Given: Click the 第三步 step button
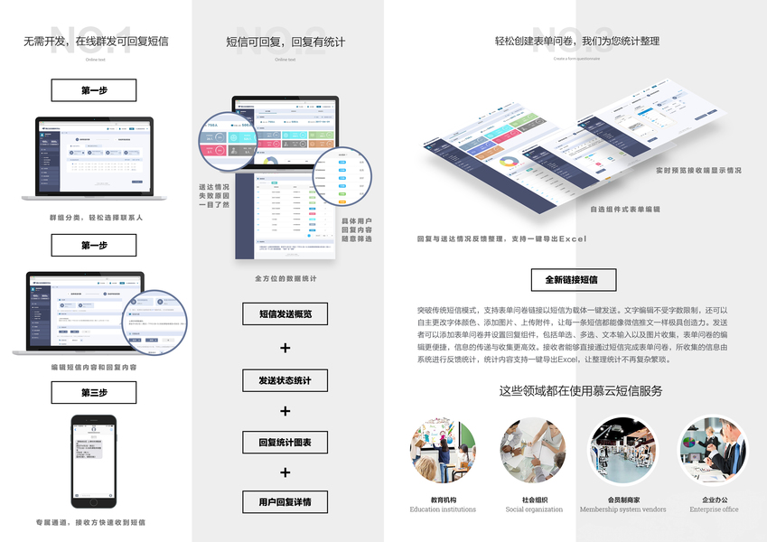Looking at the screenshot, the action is tap(94, 393).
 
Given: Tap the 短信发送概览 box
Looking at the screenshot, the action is tap(285, 313).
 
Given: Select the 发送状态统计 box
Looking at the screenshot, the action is tap(285, 380).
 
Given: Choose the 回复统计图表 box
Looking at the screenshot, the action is tap(285, 443).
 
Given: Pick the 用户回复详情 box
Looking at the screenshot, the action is tap(285, 502).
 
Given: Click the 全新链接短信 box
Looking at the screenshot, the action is tap(576, 280).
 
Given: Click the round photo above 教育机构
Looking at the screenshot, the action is tap(443, 451).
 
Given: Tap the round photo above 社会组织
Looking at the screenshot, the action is tap(532, 451).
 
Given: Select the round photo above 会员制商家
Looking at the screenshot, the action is tap(622, 451).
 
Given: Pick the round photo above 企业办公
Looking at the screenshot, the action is tap(714, 451).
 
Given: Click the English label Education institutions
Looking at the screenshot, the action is tap(443, 509).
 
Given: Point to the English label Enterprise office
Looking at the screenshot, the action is tap(714, 509).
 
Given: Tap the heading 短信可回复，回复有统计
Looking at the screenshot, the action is tap(285, 42).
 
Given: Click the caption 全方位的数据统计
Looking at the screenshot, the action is tap(285, 279).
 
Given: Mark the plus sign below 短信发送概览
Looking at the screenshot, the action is tap(285, 348).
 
